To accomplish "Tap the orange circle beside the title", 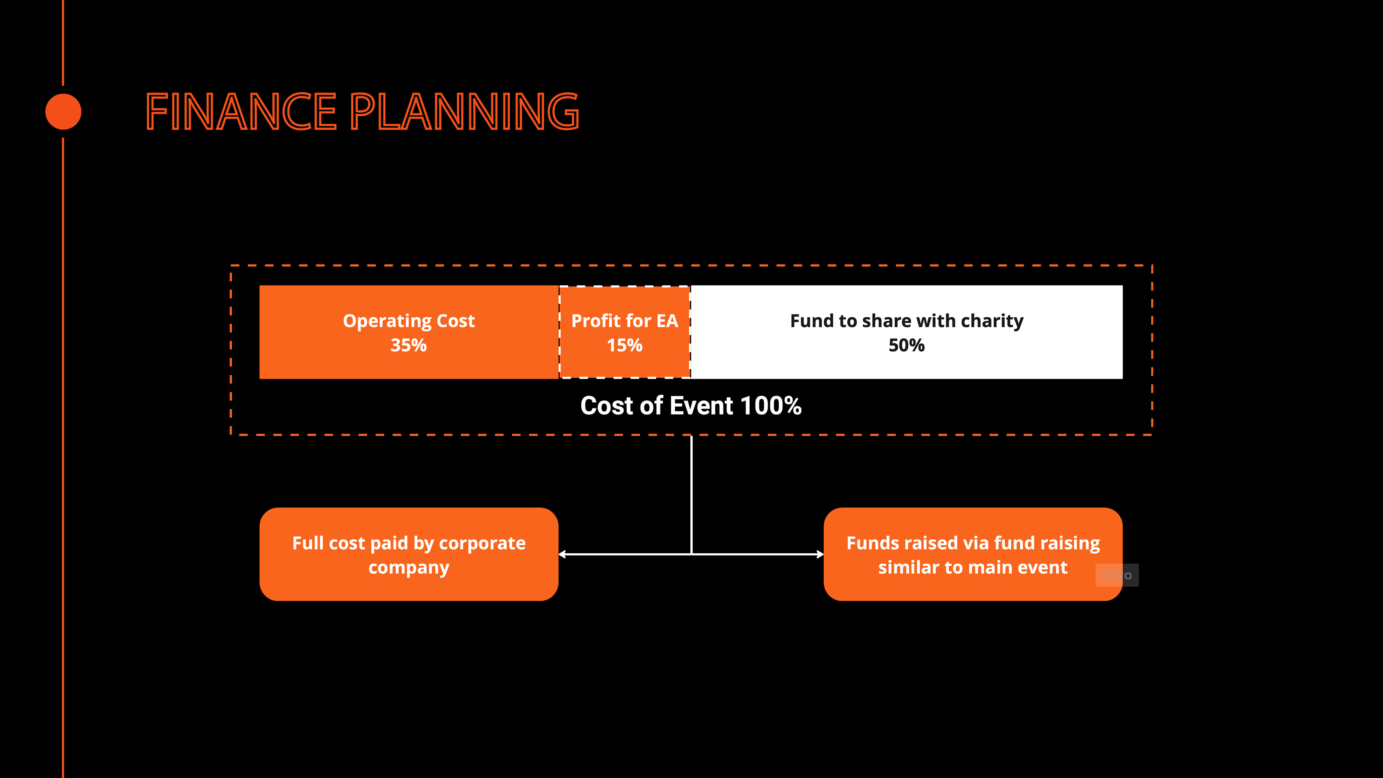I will tap(63, 112).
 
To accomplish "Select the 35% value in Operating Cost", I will tap(408, 345).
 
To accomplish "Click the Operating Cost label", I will tap(408, 321).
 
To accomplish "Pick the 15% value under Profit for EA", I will tap(625, 345).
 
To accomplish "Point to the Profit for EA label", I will tap(625, 321).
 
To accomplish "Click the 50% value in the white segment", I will tap(906, 345).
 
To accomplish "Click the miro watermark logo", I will tap(1117, 576).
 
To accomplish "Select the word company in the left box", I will tap(408, 568).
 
